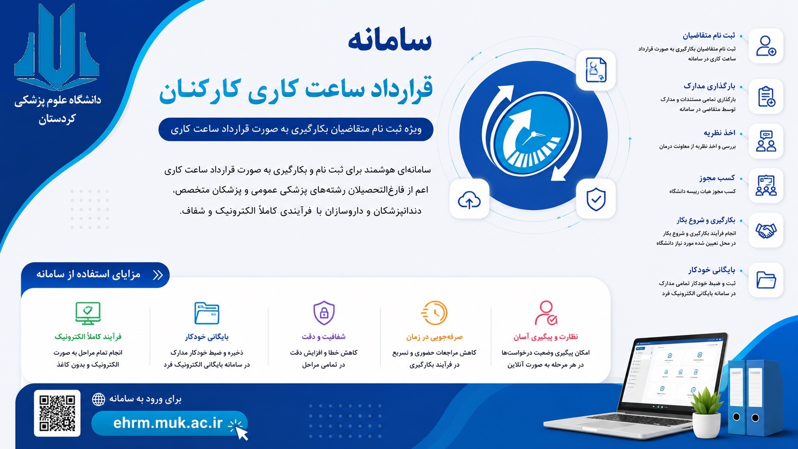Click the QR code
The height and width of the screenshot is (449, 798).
(57, 413)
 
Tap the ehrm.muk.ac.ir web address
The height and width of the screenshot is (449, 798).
(168, 423)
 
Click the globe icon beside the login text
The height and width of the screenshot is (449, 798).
(99, 399)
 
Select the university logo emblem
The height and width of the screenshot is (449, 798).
(57, 46)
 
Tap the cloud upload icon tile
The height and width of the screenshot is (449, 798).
(469, 198)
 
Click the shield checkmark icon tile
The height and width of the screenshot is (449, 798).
(596, 198)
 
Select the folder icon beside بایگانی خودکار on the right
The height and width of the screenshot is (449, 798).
(766, 280)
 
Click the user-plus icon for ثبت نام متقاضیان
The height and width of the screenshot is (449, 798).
(766, 46)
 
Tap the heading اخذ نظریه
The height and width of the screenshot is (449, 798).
(719, 133)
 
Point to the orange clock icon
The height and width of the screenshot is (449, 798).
(434, 313)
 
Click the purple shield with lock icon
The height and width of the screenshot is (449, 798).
(324, 313)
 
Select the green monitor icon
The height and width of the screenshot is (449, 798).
(88, 313)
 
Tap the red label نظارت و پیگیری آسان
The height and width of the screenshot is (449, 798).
(546, 336)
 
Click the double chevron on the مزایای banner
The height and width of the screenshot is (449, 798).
(158, 275)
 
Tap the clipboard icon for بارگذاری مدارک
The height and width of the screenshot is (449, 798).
(766, 96)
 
